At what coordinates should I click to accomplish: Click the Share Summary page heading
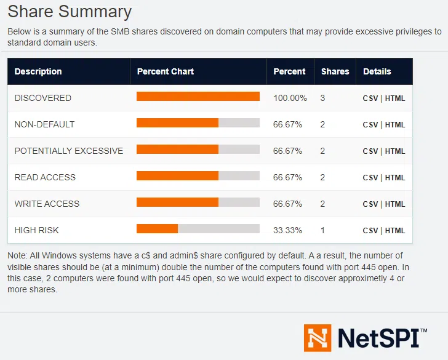coord(70,12)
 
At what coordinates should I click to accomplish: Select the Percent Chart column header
coord(165,71)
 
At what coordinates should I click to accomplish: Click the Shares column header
coord(335,71)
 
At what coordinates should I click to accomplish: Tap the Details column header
coord(377,71)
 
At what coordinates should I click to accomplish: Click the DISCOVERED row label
coord(42,98)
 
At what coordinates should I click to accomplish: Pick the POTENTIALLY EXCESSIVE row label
coord(68,151)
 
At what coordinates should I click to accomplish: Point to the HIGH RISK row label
coord(36,230)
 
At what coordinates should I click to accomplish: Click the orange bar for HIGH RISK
coord(157,229)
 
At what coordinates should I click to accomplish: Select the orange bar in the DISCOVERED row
coord(198,97)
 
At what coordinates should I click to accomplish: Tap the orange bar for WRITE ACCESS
coord(177,202)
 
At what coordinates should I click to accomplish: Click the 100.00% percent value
coord(290,98)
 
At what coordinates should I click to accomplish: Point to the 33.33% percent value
coord(287,230)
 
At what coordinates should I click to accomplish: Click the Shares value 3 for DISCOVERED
coord(322,98)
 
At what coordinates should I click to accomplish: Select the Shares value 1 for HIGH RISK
coord(322,230)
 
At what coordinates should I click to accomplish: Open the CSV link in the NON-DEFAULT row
coord(370,125)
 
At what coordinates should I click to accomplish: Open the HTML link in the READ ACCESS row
coord(395,178)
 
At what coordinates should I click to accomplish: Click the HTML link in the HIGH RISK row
coord(395,231)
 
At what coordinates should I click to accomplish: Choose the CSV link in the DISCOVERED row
coord(370,98)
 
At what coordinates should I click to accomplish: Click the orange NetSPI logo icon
coord(318,338)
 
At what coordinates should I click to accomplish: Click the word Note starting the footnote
coord(16,255)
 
